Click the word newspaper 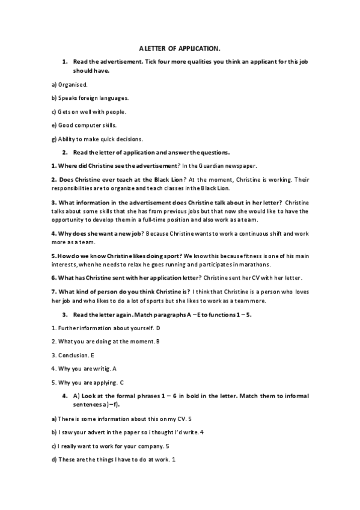(x=264, y=165)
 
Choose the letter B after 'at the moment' (x=158, y=342)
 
